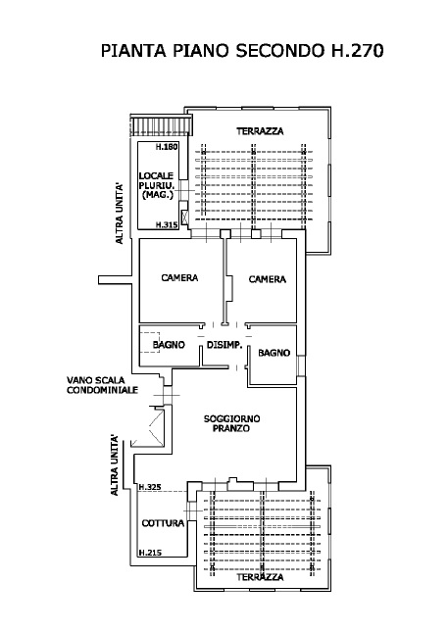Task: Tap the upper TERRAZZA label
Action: click(259, 131)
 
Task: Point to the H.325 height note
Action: click(150, 487)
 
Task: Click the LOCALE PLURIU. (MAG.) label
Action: click(157, 185)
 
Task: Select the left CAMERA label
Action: click(179, 278)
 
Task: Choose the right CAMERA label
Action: click(267, 279)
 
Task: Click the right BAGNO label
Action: click(274, 352)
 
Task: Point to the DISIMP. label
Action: click(224, 344)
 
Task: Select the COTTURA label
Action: click(163, 523)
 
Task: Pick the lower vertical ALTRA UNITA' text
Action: click(115, 464)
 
